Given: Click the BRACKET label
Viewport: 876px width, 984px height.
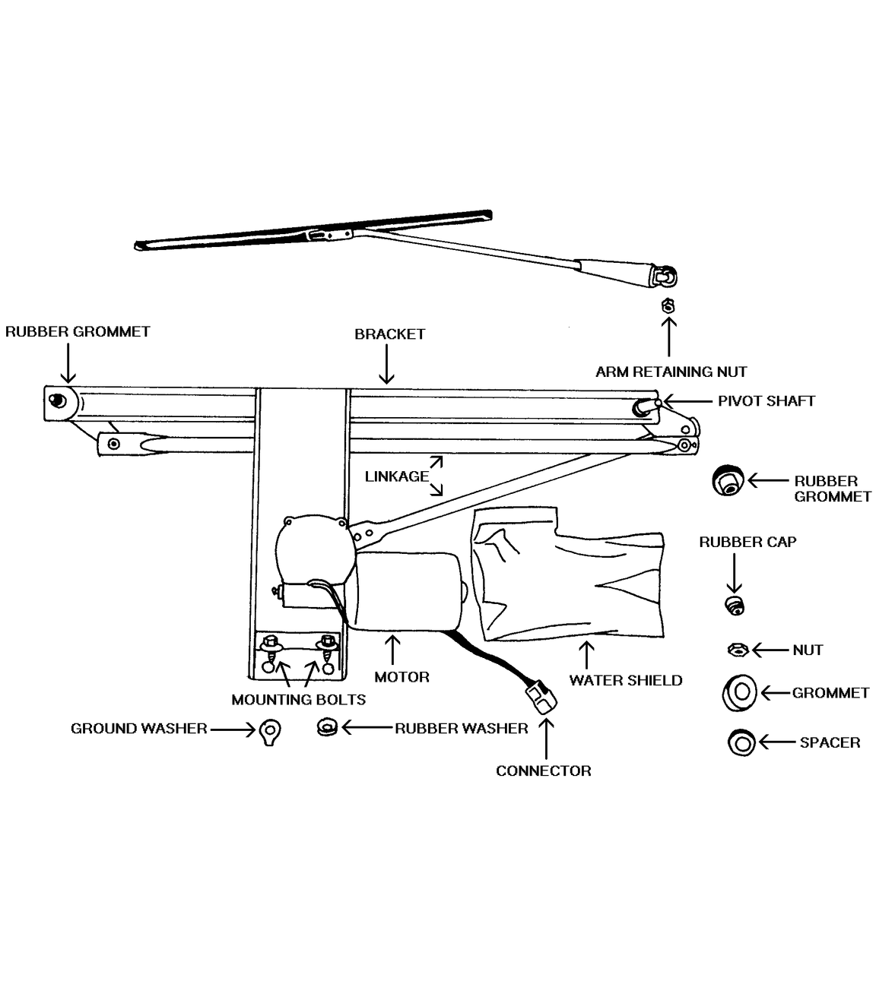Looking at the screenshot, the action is (389, 334).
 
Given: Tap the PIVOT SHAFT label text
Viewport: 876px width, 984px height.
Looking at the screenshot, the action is (766, 400).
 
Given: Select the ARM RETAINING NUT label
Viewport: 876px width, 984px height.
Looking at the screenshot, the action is (671, 372).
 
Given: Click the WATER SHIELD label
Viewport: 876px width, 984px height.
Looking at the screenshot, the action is (625, 680).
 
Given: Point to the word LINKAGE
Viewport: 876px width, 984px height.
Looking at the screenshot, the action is (397, 476).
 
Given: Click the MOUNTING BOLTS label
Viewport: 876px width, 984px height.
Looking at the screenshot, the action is (298, 699).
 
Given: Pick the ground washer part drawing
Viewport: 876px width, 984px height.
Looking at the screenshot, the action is (270, 732).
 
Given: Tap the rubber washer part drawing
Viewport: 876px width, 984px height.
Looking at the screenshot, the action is (327, 728).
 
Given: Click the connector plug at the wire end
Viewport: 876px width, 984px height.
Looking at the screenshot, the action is (541, 697).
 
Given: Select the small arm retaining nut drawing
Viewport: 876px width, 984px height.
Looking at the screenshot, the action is (668, 305).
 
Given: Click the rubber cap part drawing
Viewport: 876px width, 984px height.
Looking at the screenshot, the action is (735, 605).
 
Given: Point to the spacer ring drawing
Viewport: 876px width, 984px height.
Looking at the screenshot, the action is (741, 742).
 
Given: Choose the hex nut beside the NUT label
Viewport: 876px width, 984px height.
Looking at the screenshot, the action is (738, 650).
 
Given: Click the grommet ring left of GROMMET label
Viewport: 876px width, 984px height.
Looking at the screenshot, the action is (739, 693).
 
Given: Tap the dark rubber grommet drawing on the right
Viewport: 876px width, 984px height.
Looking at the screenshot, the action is (728, 480).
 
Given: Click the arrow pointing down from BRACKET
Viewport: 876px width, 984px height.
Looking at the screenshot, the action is (386, 364).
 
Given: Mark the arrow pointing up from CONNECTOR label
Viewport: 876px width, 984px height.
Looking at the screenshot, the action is (547, 739).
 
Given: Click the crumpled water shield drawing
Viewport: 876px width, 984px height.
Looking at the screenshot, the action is (568, 573).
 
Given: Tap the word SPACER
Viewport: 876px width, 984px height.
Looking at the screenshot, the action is (830, 742).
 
